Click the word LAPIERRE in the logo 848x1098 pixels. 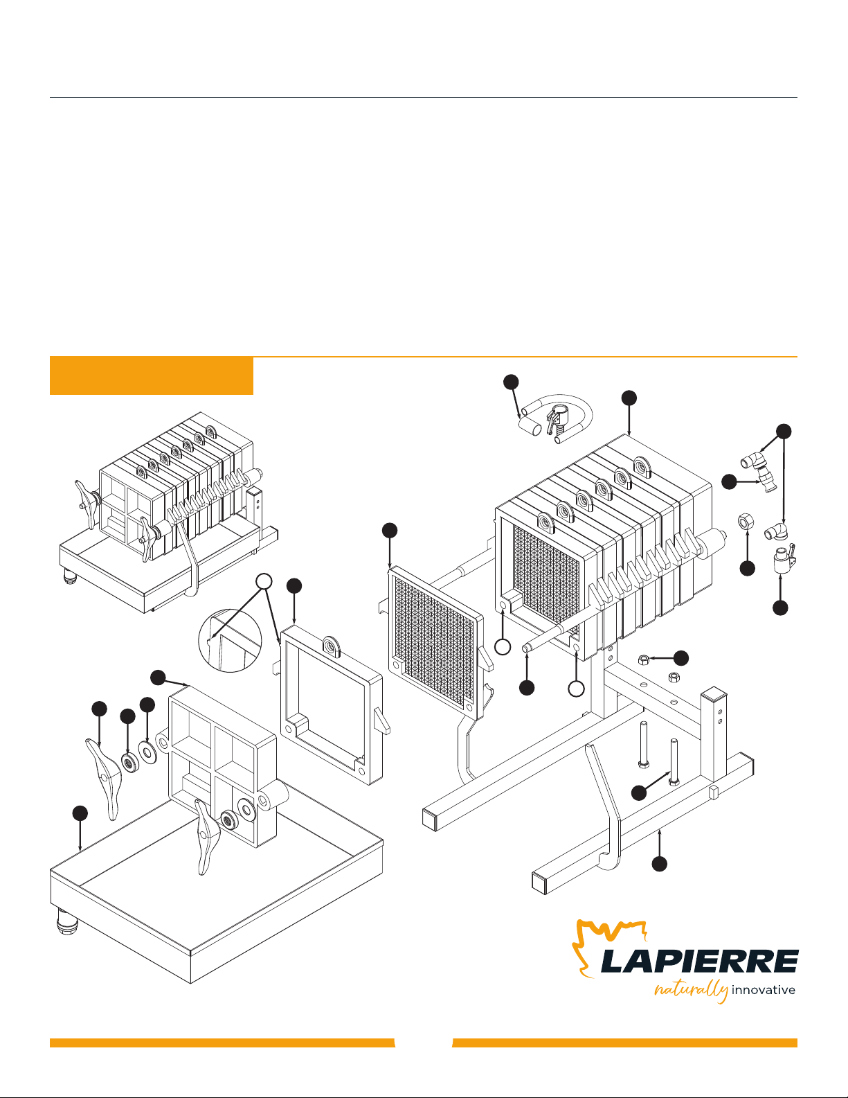pyautogui.click(x=699, y=961)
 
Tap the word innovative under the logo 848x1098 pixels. pyautogui.click(x=763, y=990)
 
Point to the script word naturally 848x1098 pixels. pyautogui.click(x=691, y=991)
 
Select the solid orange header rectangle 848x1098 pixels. pyautogui.click(x=152, y=375)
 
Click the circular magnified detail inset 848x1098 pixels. pyautogui.click(x=230, y=640)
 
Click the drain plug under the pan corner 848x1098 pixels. pyautogui.click(x=68, y=922)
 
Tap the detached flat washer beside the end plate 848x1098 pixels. pyautogui.click(x=148, y=752)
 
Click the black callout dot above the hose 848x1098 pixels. pyautogui.click(x=511, y=382)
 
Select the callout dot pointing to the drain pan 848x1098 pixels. pyautogui.click(x=80, y=813)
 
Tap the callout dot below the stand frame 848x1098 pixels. pyautogui.click(x=659, y=864)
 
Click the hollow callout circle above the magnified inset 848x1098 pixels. pyautogui.click(x=264, y=582)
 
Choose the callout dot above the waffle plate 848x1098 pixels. pyautogui.click(x=390, y=530)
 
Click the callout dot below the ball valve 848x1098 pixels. pyautogui.click(x=780, y=608)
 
